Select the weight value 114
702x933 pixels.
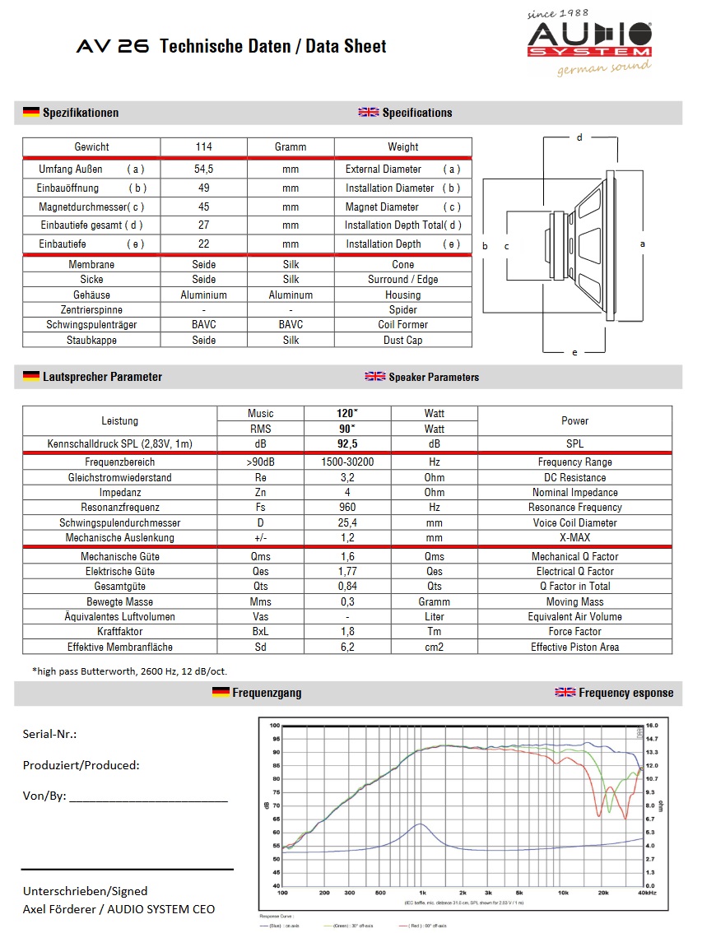tap(204, 147)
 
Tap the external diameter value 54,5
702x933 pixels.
tap(204, 169)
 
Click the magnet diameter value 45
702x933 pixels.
tap(204, 207)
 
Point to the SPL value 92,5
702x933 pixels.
tap(347, 444)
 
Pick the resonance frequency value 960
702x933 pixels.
tap(347, 508)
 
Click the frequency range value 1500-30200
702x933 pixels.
tap(347, 462)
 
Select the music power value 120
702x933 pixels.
tap(346, 413)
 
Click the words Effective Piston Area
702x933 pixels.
tap(574, 648)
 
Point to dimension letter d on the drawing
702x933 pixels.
tap(579, 137)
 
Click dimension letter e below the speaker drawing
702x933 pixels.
tap(574, 352)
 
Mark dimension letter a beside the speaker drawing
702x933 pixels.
tap(642, 244)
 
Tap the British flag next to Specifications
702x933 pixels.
tap(368, 113)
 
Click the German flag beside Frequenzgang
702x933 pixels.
tap(220, 693)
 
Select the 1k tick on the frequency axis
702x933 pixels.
tap(421, 893)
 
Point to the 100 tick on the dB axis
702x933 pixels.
tap(275, 726)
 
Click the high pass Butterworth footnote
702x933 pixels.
tap(129, 671)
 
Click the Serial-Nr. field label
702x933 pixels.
tap(50, 735)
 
